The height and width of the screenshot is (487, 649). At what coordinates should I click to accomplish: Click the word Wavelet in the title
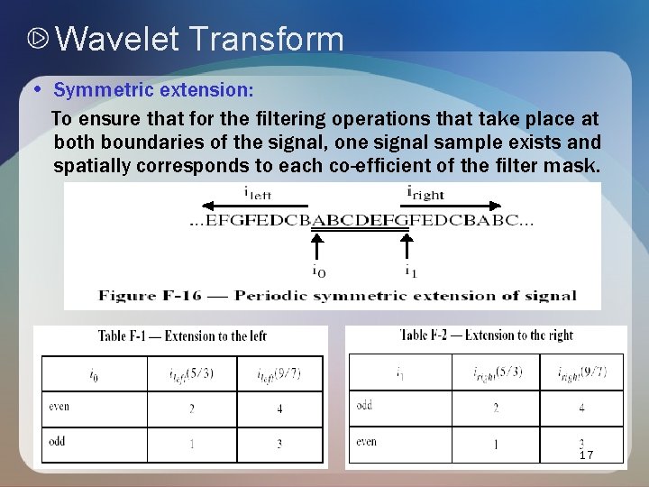(117, 40)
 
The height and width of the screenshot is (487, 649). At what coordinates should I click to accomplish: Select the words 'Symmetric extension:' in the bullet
(153, 90)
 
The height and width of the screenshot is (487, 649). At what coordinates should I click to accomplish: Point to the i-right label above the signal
(425, 192)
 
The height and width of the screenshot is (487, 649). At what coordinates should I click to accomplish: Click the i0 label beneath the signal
(318, 270)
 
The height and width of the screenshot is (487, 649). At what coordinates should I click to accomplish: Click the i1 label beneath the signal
(410, 270)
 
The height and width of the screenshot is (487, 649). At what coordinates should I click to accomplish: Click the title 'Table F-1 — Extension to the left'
(182, 336)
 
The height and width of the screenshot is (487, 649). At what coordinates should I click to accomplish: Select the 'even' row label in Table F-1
(59, 407)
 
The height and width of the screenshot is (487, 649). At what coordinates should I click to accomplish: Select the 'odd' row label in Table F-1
(58, 442)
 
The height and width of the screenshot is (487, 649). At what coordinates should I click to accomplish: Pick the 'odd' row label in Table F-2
(364, 406)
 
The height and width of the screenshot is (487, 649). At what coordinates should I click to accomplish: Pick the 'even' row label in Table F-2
(366, 442)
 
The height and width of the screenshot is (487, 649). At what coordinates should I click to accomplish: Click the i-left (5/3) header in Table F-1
(192, 373)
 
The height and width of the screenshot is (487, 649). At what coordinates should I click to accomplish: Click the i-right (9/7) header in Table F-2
(581, 372)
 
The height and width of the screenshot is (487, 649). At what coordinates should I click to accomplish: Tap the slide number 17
(586, 455)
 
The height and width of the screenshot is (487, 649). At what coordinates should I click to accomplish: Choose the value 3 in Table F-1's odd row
(279, 444)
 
